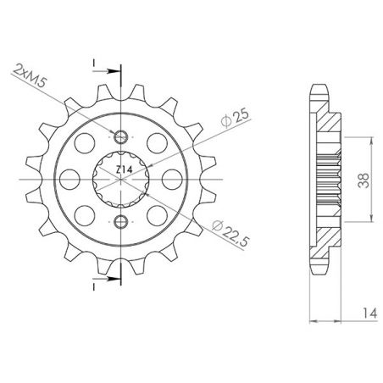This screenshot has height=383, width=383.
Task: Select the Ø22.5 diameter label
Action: (x=224, y=221)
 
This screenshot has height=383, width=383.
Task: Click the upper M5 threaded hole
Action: (x=121, y=137)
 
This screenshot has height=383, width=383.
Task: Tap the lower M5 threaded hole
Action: (x=121, y=222)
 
